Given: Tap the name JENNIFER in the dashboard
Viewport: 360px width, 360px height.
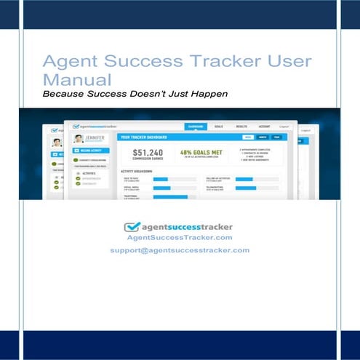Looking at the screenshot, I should click(95, 137).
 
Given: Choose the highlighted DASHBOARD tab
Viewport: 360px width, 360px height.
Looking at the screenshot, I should click(196, 126).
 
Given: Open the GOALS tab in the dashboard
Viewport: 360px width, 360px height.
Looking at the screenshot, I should click(219, 126).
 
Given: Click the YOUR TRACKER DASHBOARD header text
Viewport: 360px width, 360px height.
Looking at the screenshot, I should click(143, 137).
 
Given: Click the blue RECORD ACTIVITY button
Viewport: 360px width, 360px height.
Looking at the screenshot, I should click(89, 151).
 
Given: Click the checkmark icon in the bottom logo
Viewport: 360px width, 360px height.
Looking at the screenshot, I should click(132, 226).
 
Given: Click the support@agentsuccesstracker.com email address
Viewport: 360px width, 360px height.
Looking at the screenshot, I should click(180, 249).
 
